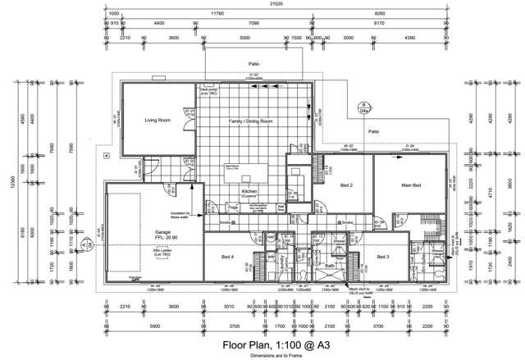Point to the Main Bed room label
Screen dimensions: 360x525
[410, 186]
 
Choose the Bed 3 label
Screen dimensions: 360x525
[383, 257]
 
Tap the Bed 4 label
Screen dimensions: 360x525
[227, 257]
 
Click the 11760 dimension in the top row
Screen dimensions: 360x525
[217, 14]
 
